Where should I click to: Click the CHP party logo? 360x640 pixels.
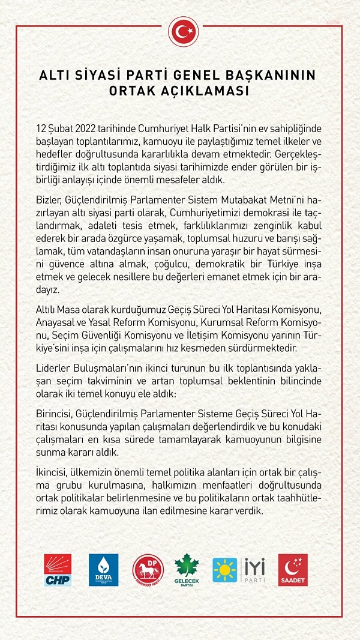click(58, 569)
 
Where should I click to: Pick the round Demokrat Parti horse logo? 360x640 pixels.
click(148, 570)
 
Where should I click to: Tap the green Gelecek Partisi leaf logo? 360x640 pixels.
click(187, 570)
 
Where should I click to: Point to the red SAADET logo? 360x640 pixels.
click(293, 569)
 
